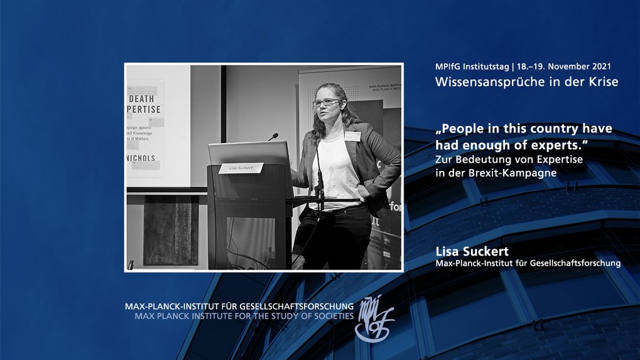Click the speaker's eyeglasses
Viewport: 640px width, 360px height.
(x=327, y=102)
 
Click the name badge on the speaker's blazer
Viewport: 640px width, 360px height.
(x=352, y=136)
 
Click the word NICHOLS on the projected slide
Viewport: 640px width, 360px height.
(x=143, y=158)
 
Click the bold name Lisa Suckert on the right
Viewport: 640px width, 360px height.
(x=471, y=252)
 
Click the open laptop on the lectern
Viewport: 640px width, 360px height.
(x=249, y=155)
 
